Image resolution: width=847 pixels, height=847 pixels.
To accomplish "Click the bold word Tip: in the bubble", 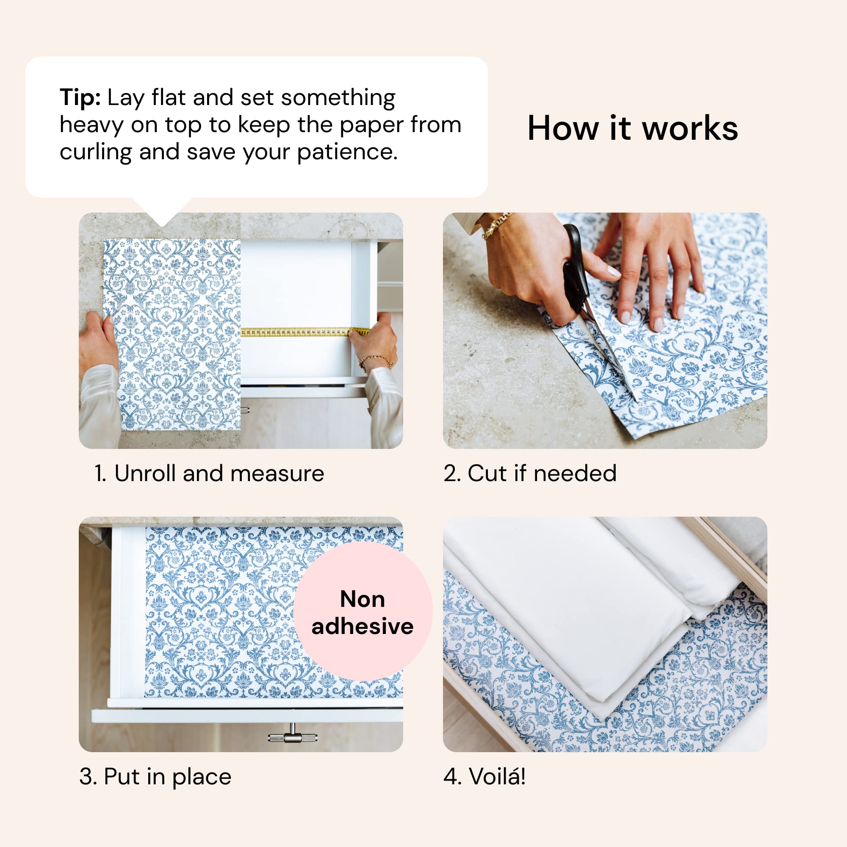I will (80, 97).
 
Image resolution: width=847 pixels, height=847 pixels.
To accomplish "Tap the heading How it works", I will (632, 128).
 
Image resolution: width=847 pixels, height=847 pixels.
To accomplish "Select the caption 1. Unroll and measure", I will (209, 473).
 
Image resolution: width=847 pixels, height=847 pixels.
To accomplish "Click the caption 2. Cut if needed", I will (530, 473).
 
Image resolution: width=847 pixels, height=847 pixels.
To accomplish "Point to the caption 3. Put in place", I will (155, 777).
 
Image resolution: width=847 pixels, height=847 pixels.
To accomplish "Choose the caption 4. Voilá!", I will (484, 777).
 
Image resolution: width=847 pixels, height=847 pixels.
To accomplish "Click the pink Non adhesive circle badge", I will (363, 612).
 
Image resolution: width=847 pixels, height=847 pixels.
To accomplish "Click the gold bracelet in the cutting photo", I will (497, 225).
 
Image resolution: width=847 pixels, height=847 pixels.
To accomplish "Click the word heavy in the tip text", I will (91, 125).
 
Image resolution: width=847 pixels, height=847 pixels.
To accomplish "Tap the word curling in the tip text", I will (96, 152).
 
